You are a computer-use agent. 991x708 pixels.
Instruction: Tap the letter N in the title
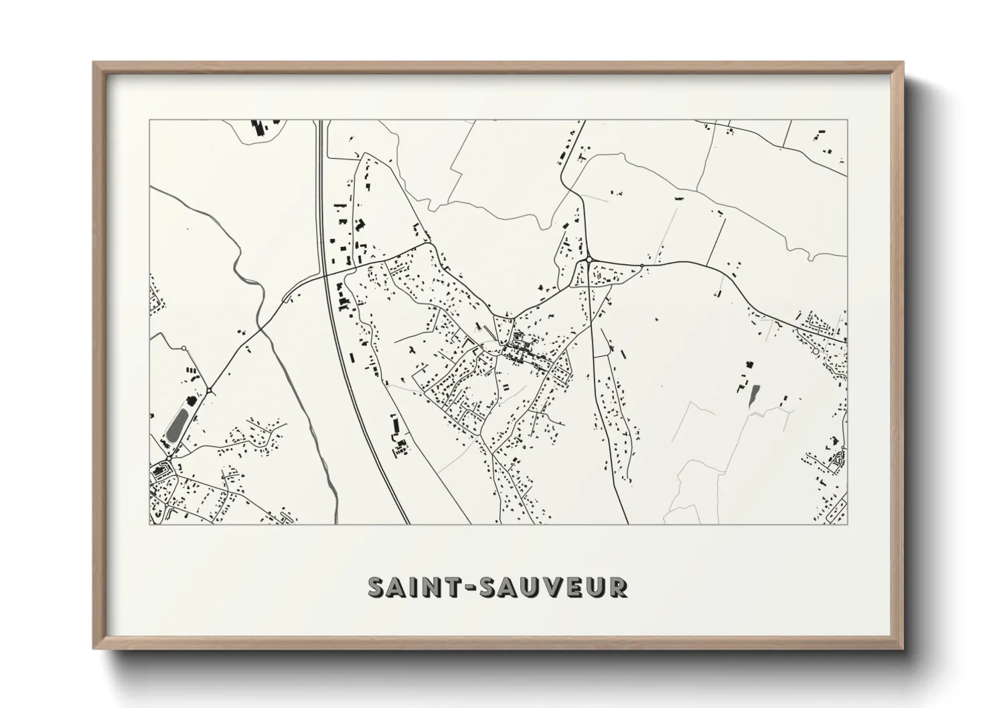[x=425, y=587]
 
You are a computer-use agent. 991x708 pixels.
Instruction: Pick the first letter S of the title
[x=377, y=587]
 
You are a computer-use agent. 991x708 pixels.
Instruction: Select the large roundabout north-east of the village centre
[x=589, y=260]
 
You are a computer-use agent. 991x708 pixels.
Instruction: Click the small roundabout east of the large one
[x=641, y=266]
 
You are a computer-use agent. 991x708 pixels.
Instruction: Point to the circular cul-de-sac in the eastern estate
[x=816, y=351]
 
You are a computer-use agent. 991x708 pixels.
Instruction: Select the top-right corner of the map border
[x=847, y=120]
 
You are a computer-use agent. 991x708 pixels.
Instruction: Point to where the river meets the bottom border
[x=335, y=523]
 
